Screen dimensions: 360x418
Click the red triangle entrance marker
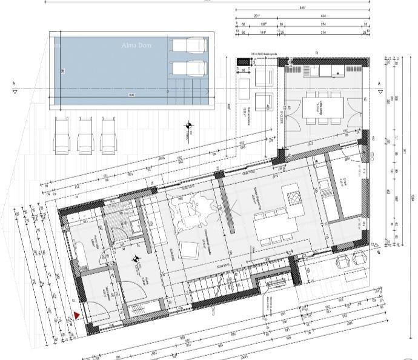coord(77,315)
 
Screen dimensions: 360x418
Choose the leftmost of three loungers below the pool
coord(64,135)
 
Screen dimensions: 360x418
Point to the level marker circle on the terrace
coord(190,126)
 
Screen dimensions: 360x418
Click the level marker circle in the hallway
coord(136,259)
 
